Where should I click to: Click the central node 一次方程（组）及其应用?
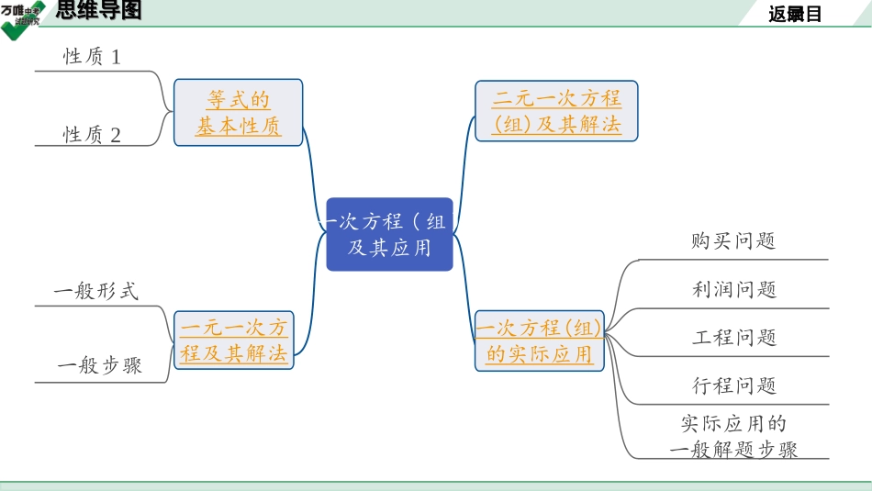tap(389, 234)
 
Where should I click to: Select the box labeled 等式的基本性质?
tap(238, 113)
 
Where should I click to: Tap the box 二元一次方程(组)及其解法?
tap(556, 111)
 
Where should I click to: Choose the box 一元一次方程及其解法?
tap(234, 340)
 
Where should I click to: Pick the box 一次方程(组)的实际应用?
tap(539, 340)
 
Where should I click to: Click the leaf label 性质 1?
tap(92, 57)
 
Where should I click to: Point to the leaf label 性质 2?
tap(92, 135)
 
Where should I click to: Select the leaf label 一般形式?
tap(95, 292)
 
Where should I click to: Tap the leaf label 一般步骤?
tap(99, 365)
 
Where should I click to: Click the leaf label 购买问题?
tap(733, 240)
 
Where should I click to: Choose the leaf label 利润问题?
tap(734, 289)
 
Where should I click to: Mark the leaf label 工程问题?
tap(734, 337)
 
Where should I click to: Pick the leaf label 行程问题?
tap(734, 385)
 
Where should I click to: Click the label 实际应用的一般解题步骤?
tap(733, 437)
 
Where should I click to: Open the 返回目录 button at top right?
tap(795, 14)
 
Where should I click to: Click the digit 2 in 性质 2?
tap(116, 135)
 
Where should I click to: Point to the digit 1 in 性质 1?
tap(116, 57)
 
